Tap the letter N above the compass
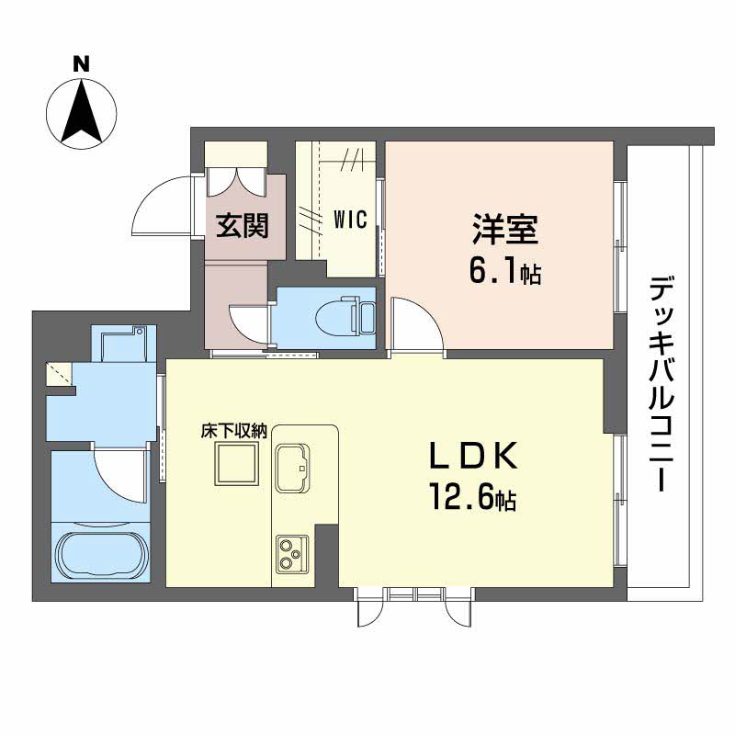click(x=82, y=64)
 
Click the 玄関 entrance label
click(x=242, y=225)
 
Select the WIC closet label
click(x=350, y=220)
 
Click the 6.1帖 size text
click(x=504, y=272)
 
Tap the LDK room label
click(x=476, y=457)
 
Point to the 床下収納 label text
click(x=235, y=431)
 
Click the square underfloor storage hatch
click(x=235, y=463)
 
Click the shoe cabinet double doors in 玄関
click(x=236, y=177)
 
